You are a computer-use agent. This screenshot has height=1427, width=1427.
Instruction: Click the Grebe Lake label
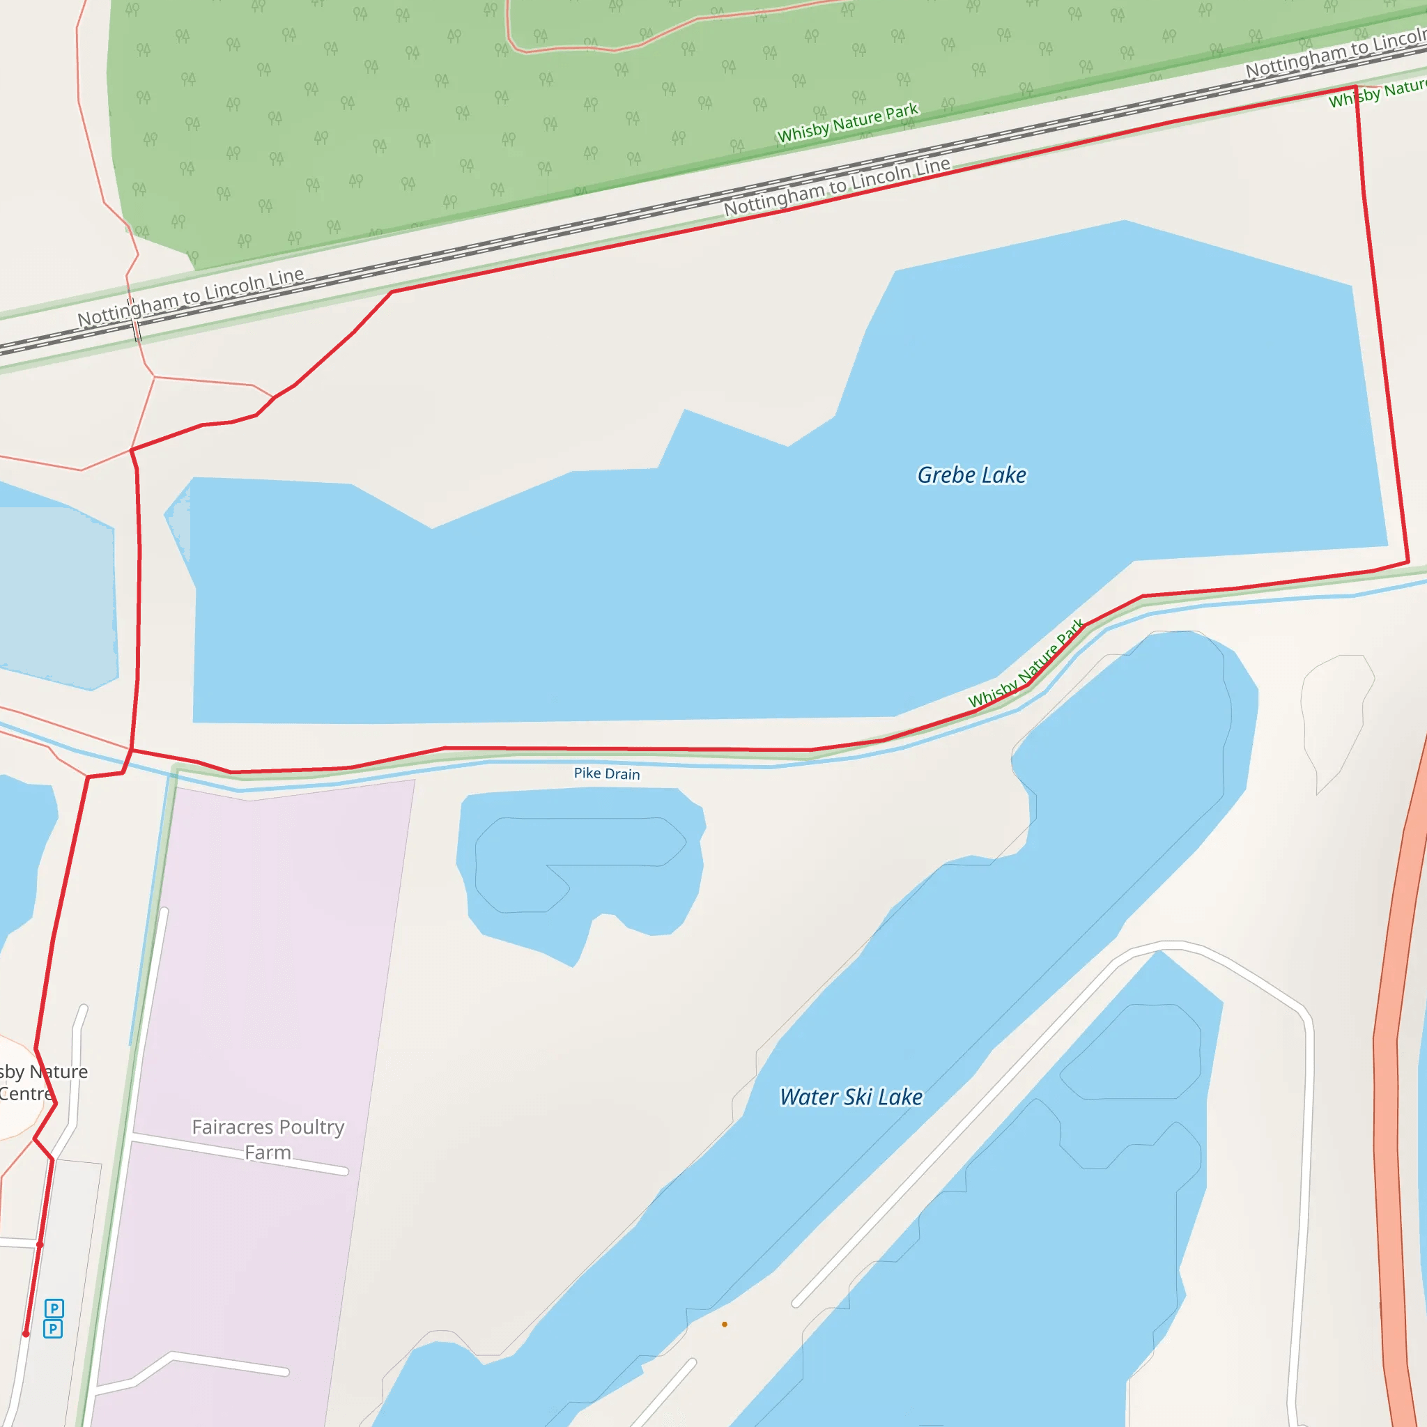[971, 475]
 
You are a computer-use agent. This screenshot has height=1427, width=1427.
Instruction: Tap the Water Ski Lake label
[851, 1097]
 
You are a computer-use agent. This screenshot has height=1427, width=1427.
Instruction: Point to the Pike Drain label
[606, 773]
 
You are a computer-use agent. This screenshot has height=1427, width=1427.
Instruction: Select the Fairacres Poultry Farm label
[268, 1139]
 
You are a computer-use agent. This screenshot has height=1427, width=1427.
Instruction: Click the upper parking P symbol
[54, 1308]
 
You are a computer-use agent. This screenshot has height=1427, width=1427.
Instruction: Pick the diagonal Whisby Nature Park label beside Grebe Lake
[1026, 663]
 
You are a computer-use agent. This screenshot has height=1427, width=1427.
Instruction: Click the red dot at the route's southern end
[26, 1334]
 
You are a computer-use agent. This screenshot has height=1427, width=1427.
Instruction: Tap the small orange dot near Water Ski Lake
[725, 1325]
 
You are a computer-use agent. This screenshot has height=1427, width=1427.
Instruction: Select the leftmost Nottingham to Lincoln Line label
[190, 297]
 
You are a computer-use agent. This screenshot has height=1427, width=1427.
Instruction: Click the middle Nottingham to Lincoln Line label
[836, 186]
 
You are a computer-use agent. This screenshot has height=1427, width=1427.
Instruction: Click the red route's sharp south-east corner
[1407, 563]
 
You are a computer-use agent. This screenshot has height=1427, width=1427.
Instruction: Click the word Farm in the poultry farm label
[268, 1152]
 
